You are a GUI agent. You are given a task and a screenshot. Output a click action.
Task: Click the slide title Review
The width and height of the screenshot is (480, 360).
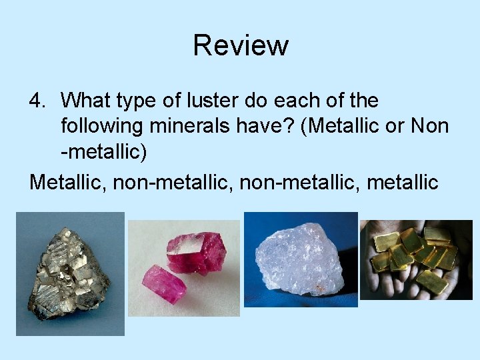click(x=241, y=45)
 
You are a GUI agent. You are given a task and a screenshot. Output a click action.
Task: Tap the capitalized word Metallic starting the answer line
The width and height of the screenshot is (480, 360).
click(x=67, y=181)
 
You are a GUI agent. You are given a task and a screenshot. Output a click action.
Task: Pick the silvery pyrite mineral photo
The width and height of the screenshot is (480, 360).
click(x=69, y=273)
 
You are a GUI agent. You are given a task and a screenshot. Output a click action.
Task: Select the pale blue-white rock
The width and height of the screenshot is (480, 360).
click(x=299, y=257)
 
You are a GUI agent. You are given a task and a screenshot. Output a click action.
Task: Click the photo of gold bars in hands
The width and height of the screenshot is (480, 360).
click(x=416, y=258)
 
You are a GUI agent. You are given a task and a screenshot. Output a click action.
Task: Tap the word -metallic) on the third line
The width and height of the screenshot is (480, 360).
click(x=103, y=152)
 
